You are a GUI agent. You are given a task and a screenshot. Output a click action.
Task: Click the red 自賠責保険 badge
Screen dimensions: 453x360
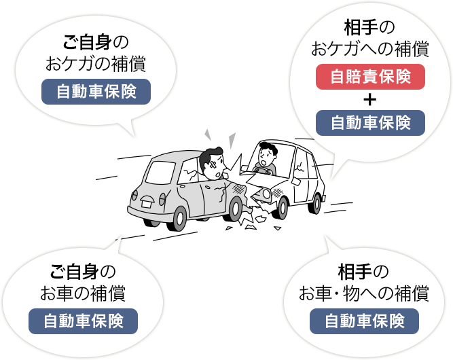370,77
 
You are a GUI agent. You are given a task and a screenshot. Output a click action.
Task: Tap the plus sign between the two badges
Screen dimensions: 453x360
370,100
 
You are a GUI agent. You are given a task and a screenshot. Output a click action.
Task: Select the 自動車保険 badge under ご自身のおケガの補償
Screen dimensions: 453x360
96,92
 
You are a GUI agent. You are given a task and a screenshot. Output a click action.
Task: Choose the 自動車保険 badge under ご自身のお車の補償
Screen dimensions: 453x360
84,321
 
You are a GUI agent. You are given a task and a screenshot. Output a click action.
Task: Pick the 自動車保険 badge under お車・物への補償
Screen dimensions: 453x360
364,321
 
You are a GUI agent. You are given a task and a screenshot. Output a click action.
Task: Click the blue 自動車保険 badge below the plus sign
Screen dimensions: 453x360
370,123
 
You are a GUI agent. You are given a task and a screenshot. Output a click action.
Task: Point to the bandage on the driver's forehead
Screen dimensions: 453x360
213,165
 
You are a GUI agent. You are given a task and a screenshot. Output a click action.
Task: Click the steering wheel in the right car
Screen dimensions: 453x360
264,170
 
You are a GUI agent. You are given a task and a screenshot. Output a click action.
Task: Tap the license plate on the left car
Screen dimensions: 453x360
147,204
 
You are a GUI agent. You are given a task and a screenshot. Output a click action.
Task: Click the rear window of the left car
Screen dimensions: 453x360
160,173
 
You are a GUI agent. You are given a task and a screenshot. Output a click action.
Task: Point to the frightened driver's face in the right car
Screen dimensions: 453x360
266,156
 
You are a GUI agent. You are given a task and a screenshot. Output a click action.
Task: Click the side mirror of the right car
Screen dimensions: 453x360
296,181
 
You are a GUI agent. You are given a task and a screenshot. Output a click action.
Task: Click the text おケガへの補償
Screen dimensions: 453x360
369,49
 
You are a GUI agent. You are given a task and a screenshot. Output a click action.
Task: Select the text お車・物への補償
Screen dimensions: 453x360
364,293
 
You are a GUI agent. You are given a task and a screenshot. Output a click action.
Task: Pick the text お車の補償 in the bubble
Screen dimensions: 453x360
83,293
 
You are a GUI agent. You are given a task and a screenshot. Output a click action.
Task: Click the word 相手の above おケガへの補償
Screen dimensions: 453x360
369,28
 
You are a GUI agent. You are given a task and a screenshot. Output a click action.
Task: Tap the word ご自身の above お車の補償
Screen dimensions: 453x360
83,272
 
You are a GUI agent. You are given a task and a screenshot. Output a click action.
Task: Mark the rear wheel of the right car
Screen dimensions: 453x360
316,203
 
